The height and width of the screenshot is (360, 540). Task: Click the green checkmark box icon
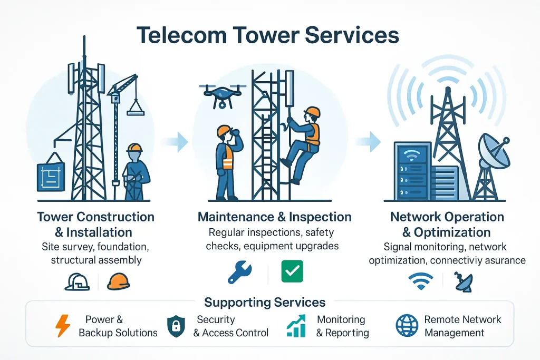tap(292, 271)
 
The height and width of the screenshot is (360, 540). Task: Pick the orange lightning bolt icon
tap(63, 326)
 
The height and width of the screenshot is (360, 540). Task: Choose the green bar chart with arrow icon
tap(296, 325)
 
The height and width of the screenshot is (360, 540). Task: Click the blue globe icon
tap(407, 326)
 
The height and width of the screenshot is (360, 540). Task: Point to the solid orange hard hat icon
tap(118, 280)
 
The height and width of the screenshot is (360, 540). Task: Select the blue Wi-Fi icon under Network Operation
tap(421, 281)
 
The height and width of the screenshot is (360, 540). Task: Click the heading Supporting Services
tap(265, 303)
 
